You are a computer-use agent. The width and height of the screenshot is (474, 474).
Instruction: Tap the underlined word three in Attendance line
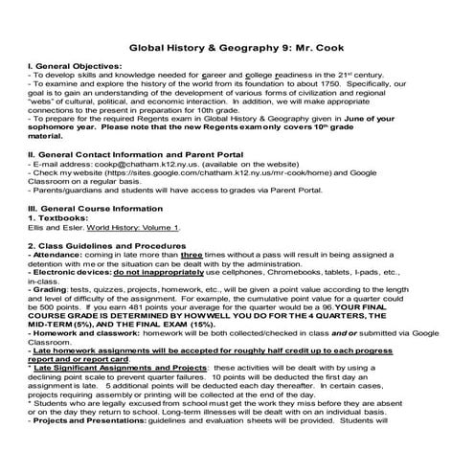pos(192,282)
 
